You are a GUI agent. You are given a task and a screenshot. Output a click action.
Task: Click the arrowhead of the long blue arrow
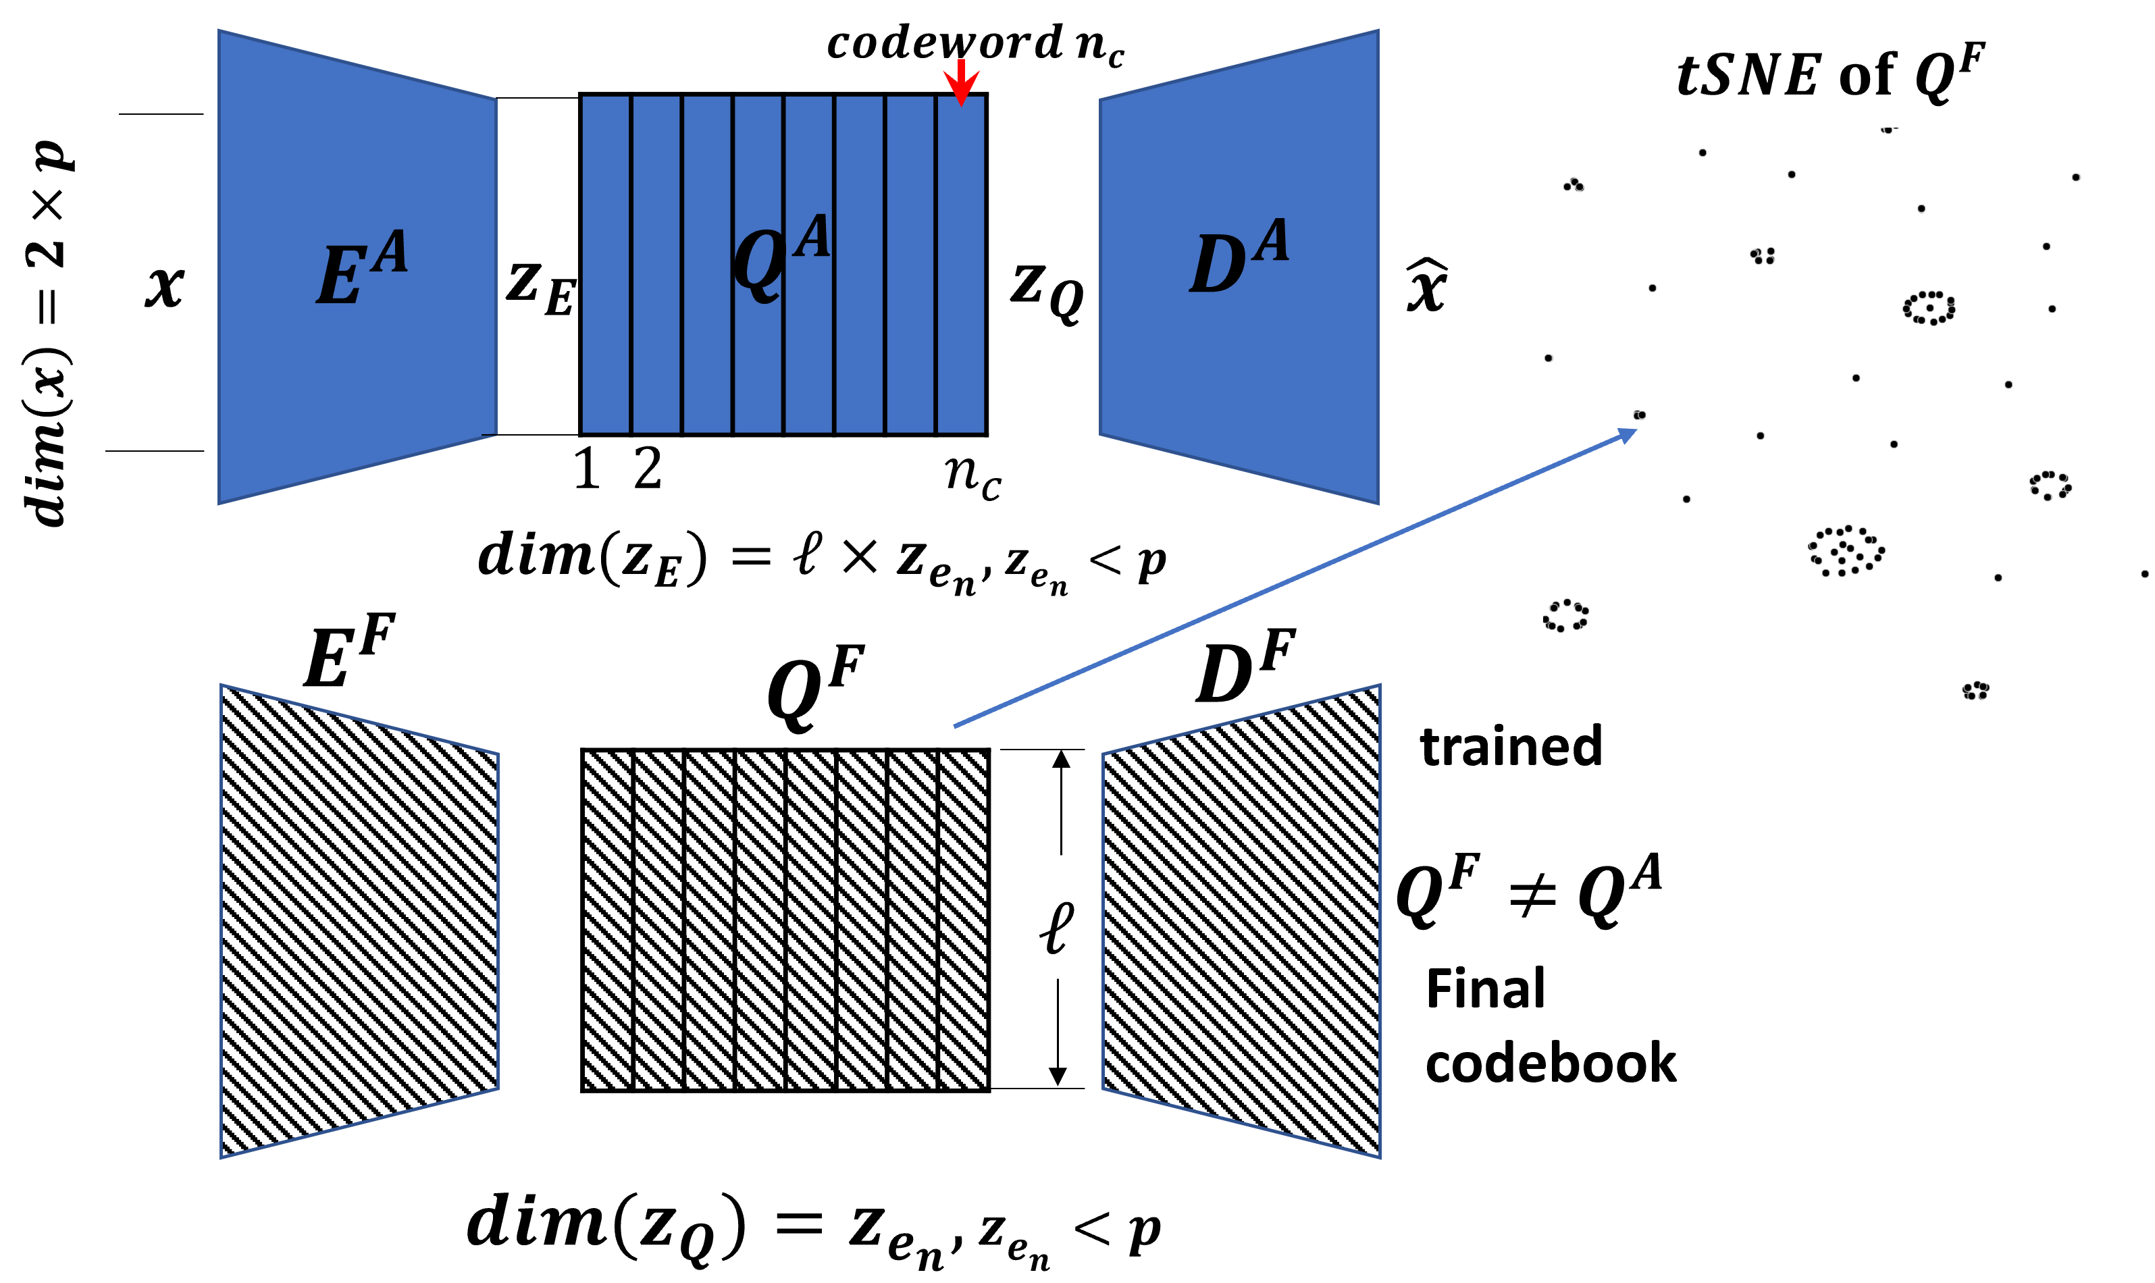click(1628, 434)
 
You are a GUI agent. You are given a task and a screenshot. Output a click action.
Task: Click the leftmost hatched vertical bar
click(608, 920)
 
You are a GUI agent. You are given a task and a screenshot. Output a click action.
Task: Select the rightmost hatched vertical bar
click(963, 920)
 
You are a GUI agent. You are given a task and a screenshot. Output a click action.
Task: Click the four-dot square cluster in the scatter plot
click(1763, 256)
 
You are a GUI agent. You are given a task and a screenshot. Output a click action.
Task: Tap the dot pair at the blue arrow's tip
click(1639, 415)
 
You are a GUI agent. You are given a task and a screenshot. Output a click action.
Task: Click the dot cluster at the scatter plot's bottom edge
click(1975, 690)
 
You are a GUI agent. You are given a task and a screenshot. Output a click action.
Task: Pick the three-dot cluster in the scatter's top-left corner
click(1574, 184)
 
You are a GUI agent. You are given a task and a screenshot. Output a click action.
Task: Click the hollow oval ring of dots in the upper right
click(1929, 307)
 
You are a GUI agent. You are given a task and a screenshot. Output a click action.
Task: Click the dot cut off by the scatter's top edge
click(1887, 130)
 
